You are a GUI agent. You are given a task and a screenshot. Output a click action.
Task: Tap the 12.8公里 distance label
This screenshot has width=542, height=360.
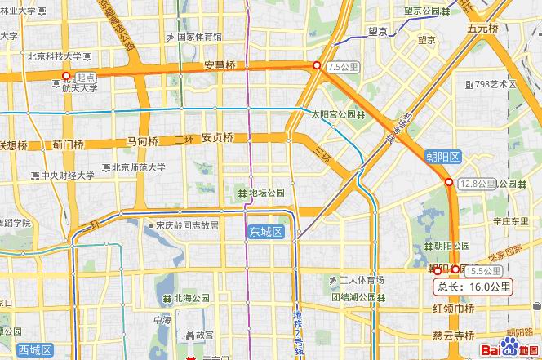pyautogui.click(x=475, y=183)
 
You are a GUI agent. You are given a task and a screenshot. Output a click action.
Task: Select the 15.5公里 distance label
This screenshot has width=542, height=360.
pyautogui.click(x=483, y=271)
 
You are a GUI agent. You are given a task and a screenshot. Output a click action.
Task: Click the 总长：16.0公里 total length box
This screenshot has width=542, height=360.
pyautogui.click(x=474, y=287)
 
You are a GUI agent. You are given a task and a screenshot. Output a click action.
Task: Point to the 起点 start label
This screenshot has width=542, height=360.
pyautogui.click(x=85, y=76)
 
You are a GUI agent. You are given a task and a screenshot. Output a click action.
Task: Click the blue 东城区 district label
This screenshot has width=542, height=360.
pyautogui.click(x=266, y=233)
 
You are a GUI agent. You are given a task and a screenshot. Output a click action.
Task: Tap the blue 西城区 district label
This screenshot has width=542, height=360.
pyautogui.click(x=34, y=350)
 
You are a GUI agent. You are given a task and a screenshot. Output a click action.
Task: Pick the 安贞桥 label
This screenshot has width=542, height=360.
pyautogui.click(x=218, y=137)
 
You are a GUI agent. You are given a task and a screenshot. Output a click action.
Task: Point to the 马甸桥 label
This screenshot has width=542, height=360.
pyautogui.click(x=142, y=140)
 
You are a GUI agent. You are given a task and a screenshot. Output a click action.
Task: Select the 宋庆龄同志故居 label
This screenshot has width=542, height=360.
pyautogui.click(x=187, y=224)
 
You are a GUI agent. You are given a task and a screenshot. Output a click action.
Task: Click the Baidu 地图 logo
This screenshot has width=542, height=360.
pyautogui.click(x=509, y=349)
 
